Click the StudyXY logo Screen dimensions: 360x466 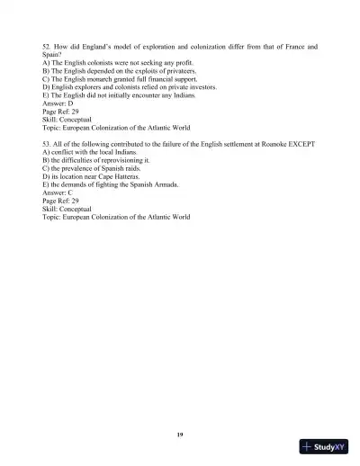click(x=325, y=447)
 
